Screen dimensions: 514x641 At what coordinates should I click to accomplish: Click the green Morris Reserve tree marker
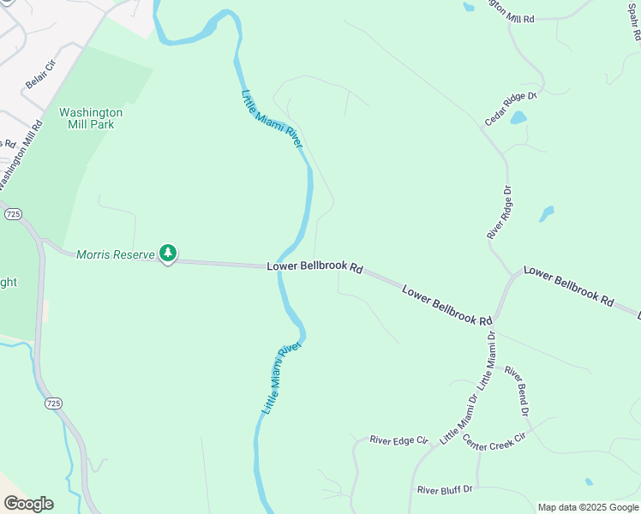169,253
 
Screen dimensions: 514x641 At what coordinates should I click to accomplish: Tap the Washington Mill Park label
90,118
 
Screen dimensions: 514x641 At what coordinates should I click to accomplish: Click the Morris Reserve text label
115,254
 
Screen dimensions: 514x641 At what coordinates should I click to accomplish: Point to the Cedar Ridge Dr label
510,109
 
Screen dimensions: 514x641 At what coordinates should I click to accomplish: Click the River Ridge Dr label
498,212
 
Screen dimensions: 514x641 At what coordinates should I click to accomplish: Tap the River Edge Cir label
398,440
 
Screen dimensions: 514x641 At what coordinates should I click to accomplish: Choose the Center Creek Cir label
494,443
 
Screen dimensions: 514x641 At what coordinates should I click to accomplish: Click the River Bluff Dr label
445,490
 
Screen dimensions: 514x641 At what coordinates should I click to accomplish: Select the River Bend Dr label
517,391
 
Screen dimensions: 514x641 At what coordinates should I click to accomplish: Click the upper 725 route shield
11,215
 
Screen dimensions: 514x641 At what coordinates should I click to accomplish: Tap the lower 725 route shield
53,402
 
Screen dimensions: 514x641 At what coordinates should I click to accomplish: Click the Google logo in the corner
28,504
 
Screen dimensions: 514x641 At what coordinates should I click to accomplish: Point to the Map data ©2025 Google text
588,507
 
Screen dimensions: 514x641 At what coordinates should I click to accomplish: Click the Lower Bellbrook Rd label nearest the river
315,267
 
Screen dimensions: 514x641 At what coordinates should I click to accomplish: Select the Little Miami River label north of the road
273,119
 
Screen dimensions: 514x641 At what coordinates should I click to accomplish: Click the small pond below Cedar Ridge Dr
518,118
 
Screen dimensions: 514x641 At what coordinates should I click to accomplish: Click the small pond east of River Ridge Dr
546,213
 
